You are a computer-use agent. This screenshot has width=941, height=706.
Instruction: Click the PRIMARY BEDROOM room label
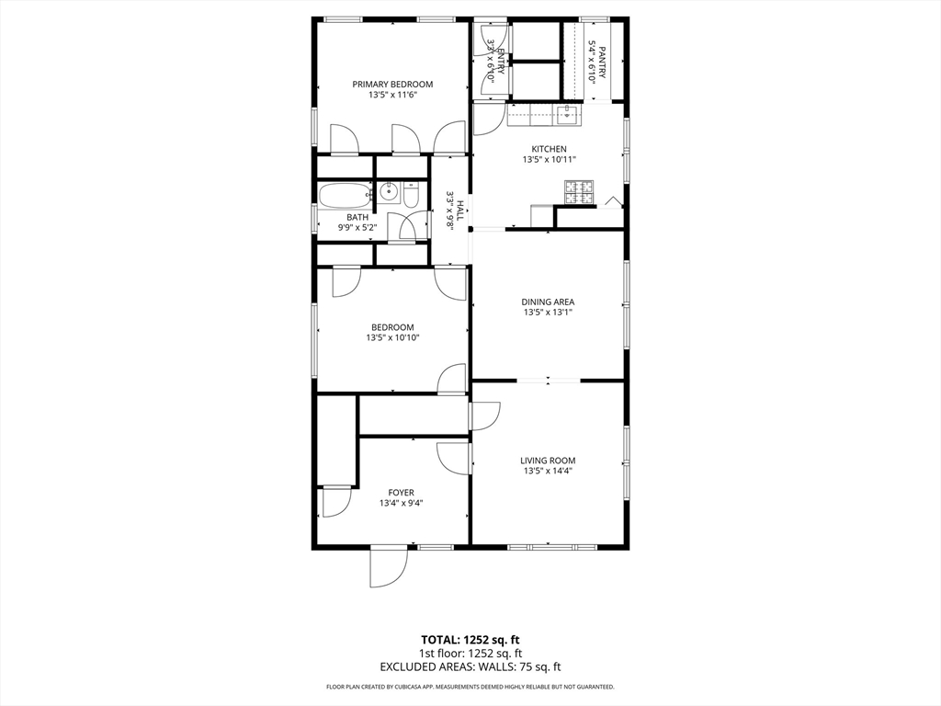point(392,84)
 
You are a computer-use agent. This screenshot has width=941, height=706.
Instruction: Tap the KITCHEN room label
point(549,148)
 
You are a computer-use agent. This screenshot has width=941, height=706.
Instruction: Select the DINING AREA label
point(548,302)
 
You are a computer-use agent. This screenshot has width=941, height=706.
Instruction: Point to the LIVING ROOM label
point(548,461)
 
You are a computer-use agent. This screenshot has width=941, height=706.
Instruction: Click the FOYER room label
point(401,493)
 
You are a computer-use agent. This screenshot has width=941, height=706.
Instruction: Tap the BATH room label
point(357,218)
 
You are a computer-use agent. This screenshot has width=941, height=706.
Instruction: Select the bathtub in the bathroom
point(345,194)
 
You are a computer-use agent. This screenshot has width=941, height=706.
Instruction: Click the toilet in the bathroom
point(410,195)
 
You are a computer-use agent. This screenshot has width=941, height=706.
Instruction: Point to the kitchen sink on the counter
point(568,115)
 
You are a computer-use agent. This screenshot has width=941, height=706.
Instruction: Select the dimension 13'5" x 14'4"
point(548,472)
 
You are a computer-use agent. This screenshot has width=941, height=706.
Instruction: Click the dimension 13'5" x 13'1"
point(548,313)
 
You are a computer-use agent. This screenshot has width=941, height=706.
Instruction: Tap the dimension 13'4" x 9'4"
point(401,504)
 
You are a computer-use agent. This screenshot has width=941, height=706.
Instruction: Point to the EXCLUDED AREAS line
point(470,666)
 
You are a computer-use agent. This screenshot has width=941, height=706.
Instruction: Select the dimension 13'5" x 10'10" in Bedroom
point(392,338)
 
